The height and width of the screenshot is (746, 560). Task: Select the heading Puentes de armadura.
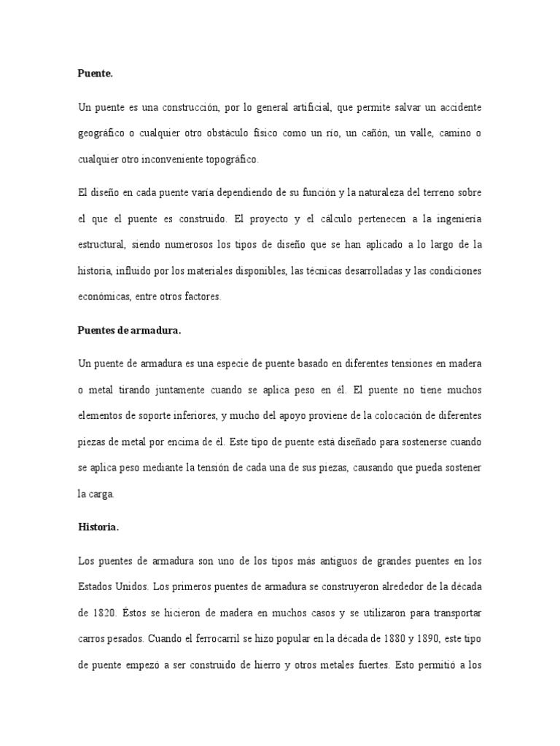click(128, 329)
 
